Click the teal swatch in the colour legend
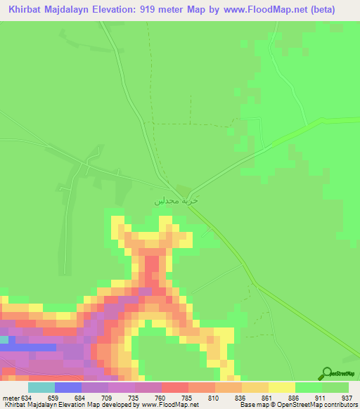click(41, 387)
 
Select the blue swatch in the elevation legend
click(68, 387)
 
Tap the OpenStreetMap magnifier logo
click(326, 373)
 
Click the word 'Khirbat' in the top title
click(27, 9)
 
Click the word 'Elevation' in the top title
click(115, 9)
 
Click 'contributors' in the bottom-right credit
click(336, 404)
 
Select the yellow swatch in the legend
click(281, 387)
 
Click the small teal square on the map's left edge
click(4, 339)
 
